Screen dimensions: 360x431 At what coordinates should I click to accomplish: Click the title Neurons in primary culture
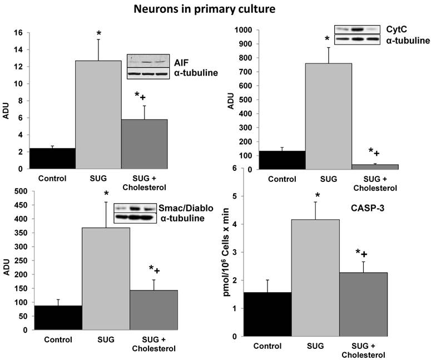215,9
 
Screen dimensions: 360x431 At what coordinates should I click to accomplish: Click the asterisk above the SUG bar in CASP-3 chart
317,195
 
